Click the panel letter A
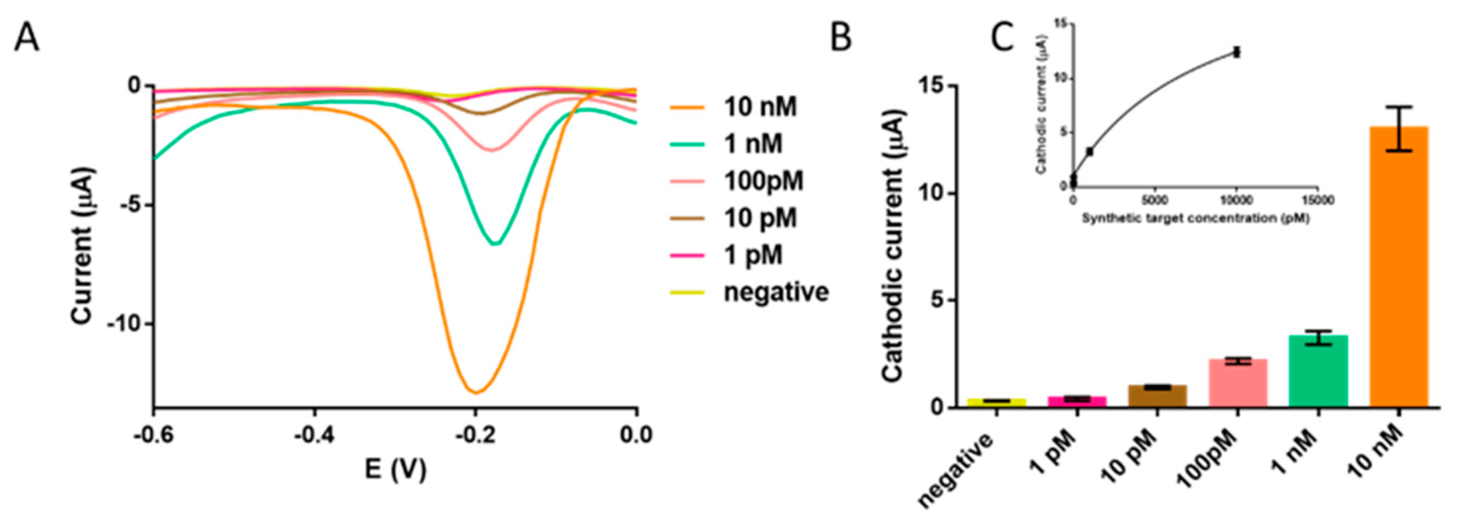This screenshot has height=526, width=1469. [x=27, y=39]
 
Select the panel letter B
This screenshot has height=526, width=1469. [x=840, y=39]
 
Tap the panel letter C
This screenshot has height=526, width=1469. [x=1002, y=39]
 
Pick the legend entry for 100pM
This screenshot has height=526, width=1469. [x=762, y=181]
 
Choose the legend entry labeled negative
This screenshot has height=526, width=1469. [x=776, y=292]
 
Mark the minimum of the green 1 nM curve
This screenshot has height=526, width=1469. [x=496, y=244]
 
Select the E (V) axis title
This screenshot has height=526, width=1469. [x=395, y=471]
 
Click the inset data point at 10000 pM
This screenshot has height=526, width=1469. [x=1237, y=52]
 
